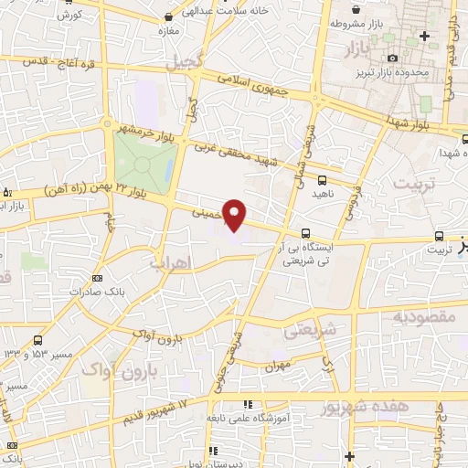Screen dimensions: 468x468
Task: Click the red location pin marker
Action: click(x=236, y=214)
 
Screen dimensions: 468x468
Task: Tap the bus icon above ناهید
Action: click(x=321, y=180)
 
